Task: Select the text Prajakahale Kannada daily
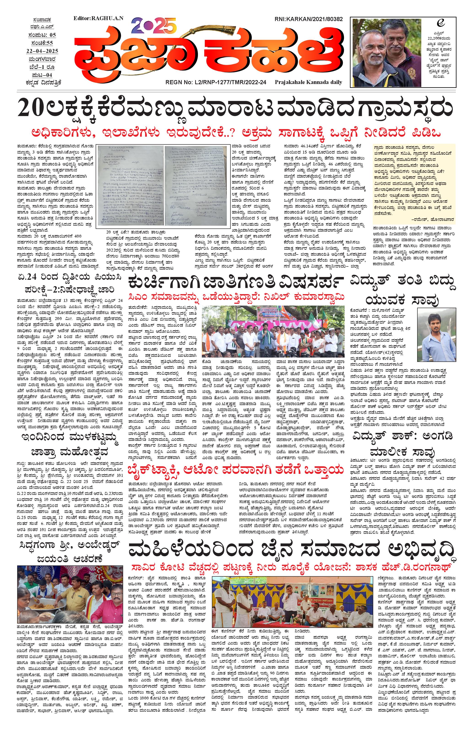tap(308, 82)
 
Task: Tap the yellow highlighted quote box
tap(414, 184)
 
